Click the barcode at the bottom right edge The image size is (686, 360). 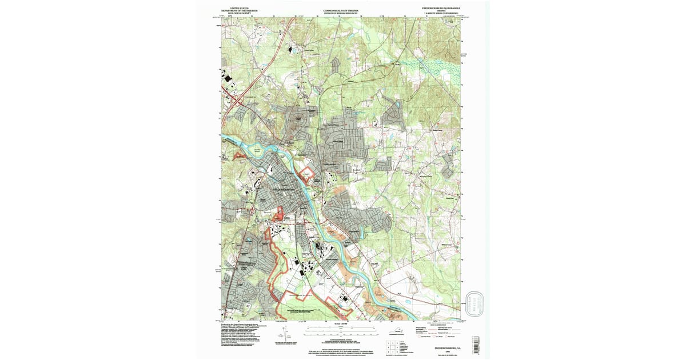[474, 345]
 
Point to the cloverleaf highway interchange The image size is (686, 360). [235, 103]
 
